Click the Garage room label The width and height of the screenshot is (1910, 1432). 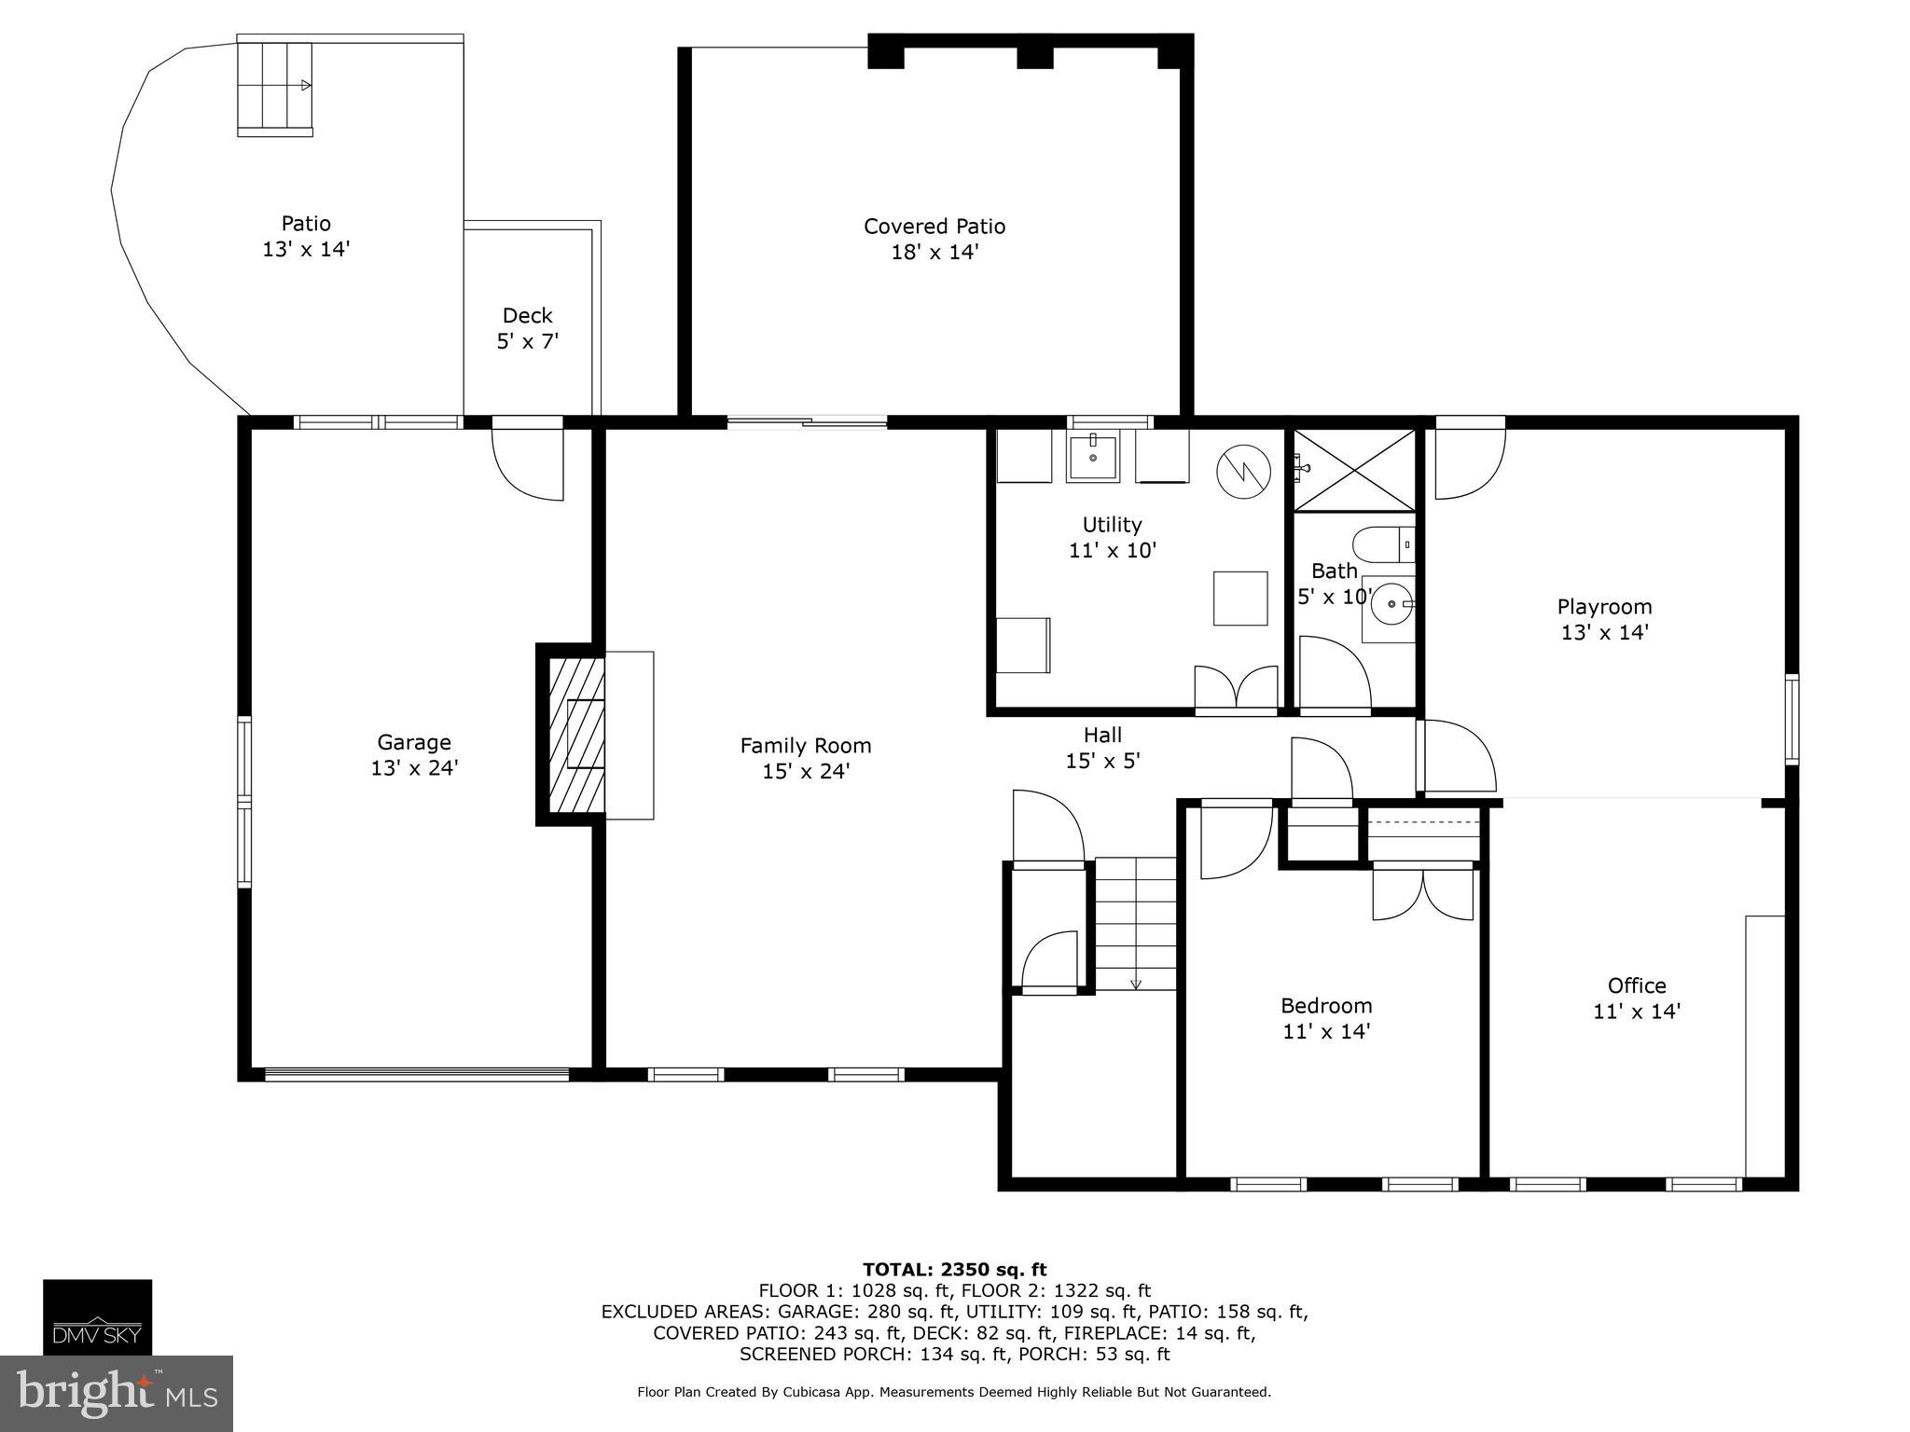pyautogui.click(x=413, y=742)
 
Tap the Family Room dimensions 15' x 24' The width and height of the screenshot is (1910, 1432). pyautogui.click(x=805, y=772)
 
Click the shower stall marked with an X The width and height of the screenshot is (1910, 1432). pyautogui.click(x=1354, y=470)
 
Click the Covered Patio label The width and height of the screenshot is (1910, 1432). pyautogui.click(x=934, y=227)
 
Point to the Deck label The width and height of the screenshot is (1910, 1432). pyautogui.click(x=527, y=316)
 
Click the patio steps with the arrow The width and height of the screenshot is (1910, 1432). pyautogui.click(x=274, y=86)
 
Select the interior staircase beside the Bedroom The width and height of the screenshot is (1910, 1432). pyautogui.click(x=1135, y=923)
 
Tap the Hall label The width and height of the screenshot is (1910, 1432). pyautogui.click(x=1102, y=735)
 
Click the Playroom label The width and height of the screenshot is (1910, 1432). pyautogui.click(x=1604, y=607)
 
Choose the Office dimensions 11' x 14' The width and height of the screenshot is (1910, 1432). pyautogui.click(x=1636, y=1012)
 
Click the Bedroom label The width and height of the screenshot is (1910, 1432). pyautogui.click(x=1325, y=1006)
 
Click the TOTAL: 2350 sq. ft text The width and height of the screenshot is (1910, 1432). pyautogui.click(x=954, y=1269)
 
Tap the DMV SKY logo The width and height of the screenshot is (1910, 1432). pyautogui.click(x=97, y=1317)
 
